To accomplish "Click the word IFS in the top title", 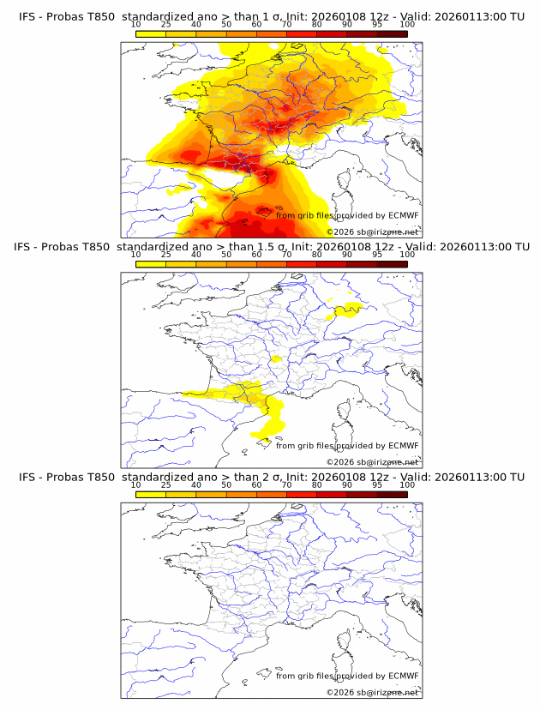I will (29, 17).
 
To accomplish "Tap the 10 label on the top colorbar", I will (135, 25).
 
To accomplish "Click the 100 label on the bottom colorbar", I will (407, 484).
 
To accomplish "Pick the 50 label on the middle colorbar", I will (226, 255).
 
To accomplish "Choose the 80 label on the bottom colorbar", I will (317, 484).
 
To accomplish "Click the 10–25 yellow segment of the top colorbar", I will (151, 33).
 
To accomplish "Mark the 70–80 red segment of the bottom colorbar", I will (302, 493).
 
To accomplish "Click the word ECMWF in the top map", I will (404, 215).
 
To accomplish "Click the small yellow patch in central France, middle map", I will (276, 360).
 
